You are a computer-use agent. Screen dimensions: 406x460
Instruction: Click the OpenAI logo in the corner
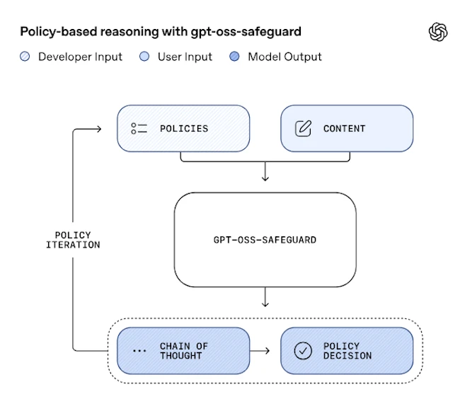[x=438, y=32]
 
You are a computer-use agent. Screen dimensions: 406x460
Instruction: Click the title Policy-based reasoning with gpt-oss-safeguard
[x=160, y=32]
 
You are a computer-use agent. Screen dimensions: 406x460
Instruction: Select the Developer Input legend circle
[x=25, y=57]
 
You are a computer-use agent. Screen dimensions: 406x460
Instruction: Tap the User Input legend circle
[x=144, y=57]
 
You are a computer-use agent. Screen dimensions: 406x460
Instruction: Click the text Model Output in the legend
[x=284, y=57]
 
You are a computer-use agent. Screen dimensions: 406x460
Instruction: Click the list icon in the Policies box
[x=139, y=129]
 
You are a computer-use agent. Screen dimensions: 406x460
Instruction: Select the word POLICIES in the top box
[x=184, y=129]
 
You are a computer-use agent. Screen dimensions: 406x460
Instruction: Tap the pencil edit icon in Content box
[x=303, y=129]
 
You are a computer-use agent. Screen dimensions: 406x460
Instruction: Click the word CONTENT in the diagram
[x=345, y=129]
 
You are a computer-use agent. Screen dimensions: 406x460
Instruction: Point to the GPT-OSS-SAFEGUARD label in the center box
[x=265, y=240]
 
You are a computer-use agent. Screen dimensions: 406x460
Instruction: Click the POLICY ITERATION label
[x=73, y=240]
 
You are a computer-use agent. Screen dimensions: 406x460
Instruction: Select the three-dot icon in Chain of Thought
[x=139, y=351]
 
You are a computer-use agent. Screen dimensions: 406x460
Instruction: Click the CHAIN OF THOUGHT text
[x=184, y=351]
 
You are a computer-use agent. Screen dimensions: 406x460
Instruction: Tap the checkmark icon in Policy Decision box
[x=303, y=351]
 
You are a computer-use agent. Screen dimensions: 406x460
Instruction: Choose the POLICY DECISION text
[x=347, y=351]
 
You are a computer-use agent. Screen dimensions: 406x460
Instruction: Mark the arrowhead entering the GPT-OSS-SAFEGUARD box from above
[x=265, y=178]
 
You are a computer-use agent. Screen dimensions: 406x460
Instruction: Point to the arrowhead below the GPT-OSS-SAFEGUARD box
[x=265, y=303]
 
